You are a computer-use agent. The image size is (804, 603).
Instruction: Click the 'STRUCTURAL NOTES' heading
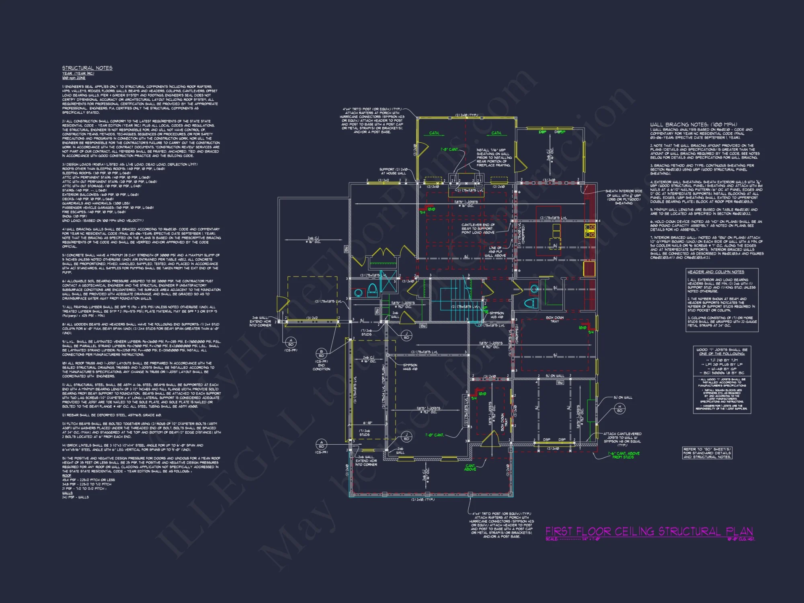(87, 68)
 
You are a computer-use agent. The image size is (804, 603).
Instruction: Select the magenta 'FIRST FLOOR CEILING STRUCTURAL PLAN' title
(649, 531)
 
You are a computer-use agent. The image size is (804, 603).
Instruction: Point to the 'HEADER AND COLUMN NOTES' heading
(716, 272)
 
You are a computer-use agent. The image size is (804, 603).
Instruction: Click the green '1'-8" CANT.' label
(449, 150)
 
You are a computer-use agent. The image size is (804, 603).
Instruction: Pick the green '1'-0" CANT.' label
(435, 435)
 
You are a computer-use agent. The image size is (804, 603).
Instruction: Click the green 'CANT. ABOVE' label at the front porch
(470, 468)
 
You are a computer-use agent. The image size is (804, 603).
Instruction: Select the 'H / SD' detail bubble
(619, 409)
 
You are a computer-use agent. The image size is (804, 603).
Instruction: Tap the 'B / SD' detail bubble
(321, 354)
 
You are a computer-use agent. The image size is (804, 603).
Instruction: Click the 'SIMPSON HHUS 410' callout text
(410, 367)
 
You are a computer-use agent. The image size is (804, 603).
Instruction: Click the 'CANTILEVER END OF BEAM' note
(478, 229)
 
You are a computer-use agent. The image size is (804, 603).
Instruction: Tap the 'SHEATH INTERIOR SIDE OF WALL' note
(624, 197)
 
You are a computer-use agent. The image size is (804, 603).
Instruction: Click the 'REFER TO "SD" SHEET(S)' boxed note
(707, 453)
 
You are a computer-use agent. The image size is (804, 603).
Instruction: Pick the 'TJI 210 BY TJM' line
(722, 360)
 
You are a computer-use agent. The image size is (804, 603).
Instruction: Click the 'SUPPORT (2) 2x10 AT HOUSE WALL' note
(394, 171)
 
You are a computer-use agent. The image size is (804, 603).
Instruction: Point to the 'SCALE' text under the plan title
(552, 539)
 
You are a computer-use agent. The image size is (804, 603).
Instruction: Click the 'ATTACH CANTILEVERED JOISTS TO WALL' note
(622, 439)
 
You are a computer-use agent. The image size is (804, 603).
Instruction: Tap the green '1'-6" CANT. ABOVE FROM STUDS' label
(624, 455)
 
